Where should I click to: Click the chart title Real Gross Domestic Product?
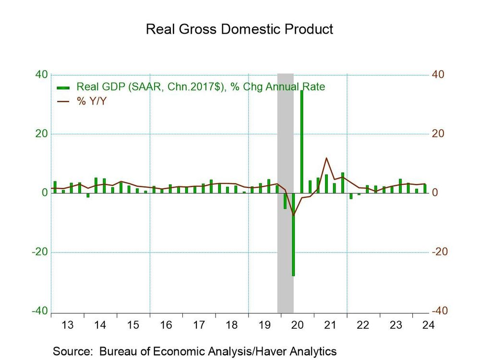(x=240, y=29)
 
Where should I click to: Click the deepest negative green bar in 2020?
(x=293, y=235)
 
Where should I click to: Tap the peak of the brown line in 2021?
(x=326, y=158)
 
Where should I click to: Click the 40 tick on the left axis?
(x=41, y=75)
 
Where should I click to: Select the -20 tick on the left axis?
(x=39, y=252)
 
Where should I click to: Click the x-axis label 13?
(x=68, y=325)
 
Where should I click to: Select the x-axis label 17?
(x=199, y=325)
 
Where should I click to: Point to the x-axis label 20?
(x=297, y=325)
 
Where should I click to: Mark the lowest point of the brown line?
(x=293, y=215)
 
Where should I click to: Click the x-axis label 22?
(x=363, y=325)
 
